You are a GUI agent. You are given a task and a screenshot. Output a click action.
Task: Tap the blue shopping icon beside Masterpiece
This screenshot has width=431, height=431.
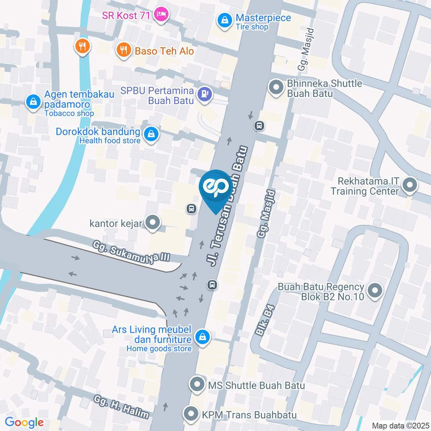coord(223,20)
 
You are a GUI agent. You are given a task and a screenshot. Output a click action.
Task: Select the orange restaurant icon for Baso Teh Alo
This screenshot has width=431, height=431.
coord(123,50)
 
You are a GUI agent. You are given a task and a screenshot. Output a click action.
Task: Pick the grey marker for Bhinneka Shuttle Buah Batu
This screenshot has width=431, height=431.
coord(276,87)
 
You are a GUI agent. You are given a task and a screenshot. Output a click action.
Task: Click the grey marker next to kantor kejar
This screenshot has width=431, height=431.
coord(154,222)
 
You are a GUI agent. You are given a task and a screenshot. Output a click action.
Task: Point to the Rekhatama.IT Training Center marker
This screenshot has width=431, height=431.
coord(409,185)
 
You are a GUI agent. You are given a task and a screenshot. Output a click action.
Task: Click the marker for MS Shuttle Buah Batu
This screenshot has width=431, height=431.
coord(197,385)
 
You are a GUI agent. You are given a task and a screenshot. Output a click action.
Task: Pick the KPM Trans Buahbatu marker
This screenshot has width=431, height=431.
coord(191,413)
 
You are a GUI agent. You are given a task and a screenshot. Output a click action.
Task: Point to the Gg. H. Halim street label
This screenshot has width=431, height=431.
coord(121,407)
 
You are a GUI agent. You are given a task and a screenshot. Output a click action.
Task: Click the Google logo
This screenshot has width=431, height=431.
coord(24,422)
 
